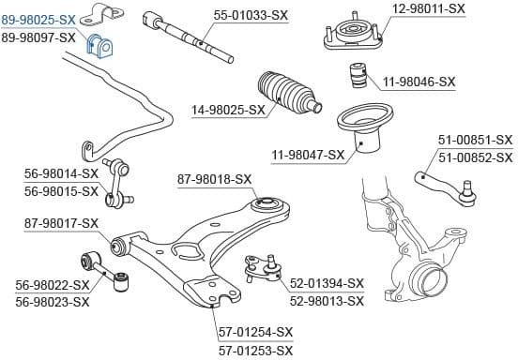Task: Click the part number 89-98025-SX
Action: pyautogui.click(x=38, y=19)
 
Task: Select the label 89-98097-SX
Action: pyautogui.click(x=38, y=37)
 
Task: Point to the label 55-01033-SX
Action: pyautogui.click(x=251, y=15)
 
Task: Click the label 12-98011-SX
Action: pyautogui.click(x=428, y=8)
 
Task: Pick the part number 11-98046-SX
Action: pyautogui.click(x=418, y=82)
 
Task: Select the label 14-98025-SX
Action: pyautogui.click(x=228, y=110)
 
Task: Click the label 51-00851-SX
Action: pyautogui.click(x=475, y=140)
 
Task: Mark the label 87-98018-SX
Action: pyautogui.click(x=215, y=178)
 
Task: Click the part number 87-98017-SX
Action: pyautogui.click(x=61, y=223)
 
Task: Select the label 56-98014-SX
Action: pyautogui.click(x=62, y=173)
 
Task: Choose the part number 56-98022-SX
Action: pyautogui.click(x=53, y=285)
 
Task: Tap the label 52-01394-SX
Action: pyautogui.click(x=326, y=283)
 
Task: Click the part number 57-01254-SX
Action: pyautogui.click(x=256, y=333)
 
